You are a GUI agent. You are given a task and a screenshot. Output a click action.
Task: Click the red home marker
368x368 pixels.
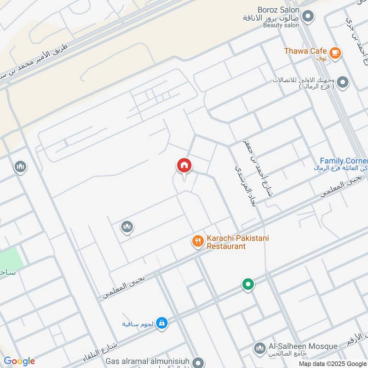point(184,166)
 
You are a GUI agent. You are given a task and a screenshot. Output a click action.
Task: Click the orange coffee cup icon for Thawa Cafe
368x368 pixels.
point(335,53)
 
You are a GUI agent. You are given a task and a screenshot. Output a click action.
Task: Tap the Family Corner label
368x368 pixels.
point(344,161)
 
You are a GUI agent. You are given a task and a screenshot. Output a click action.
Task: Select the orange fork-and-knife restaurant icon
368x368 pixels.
point(198,241)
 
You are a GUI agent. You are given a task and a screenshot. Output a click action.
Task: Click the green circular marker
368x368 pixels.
point(248,285)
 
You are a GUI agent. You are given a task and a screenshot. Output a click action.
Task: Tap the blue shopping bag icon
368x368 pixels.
point(161,324)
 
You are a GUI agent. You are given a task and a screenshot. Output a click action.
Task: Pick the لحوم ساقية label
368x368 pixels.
point(137,324)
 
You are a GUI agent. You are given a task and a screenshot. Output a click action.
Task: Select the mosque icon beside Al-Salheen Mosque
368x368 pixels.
point(259,348)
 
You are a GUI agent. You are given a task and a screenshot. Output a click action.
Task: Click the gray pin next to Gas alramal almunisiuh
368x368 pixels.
point(199,363)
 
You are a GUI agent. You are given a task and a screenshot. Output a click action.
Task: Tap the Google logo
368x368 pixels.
point(19,361)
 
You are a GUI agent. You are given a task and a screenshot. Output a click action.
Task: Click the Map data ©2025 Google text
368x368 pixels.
point(332,363)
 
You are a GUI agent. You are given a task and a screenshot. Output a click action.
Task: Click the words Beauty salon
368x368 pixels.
point(281,25)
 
